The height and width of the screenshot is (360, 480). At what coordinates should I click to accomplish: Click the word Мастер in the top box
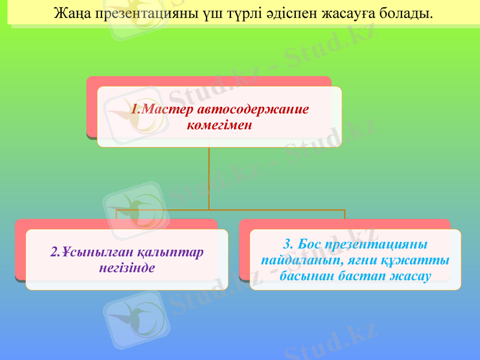coord(169,110)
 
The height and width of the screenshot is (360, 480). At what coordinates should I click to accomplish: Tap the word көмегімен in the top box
coord(219,125)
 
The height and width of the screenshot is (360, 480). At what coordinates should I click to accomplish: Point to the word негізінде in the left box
coord(127,267)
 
